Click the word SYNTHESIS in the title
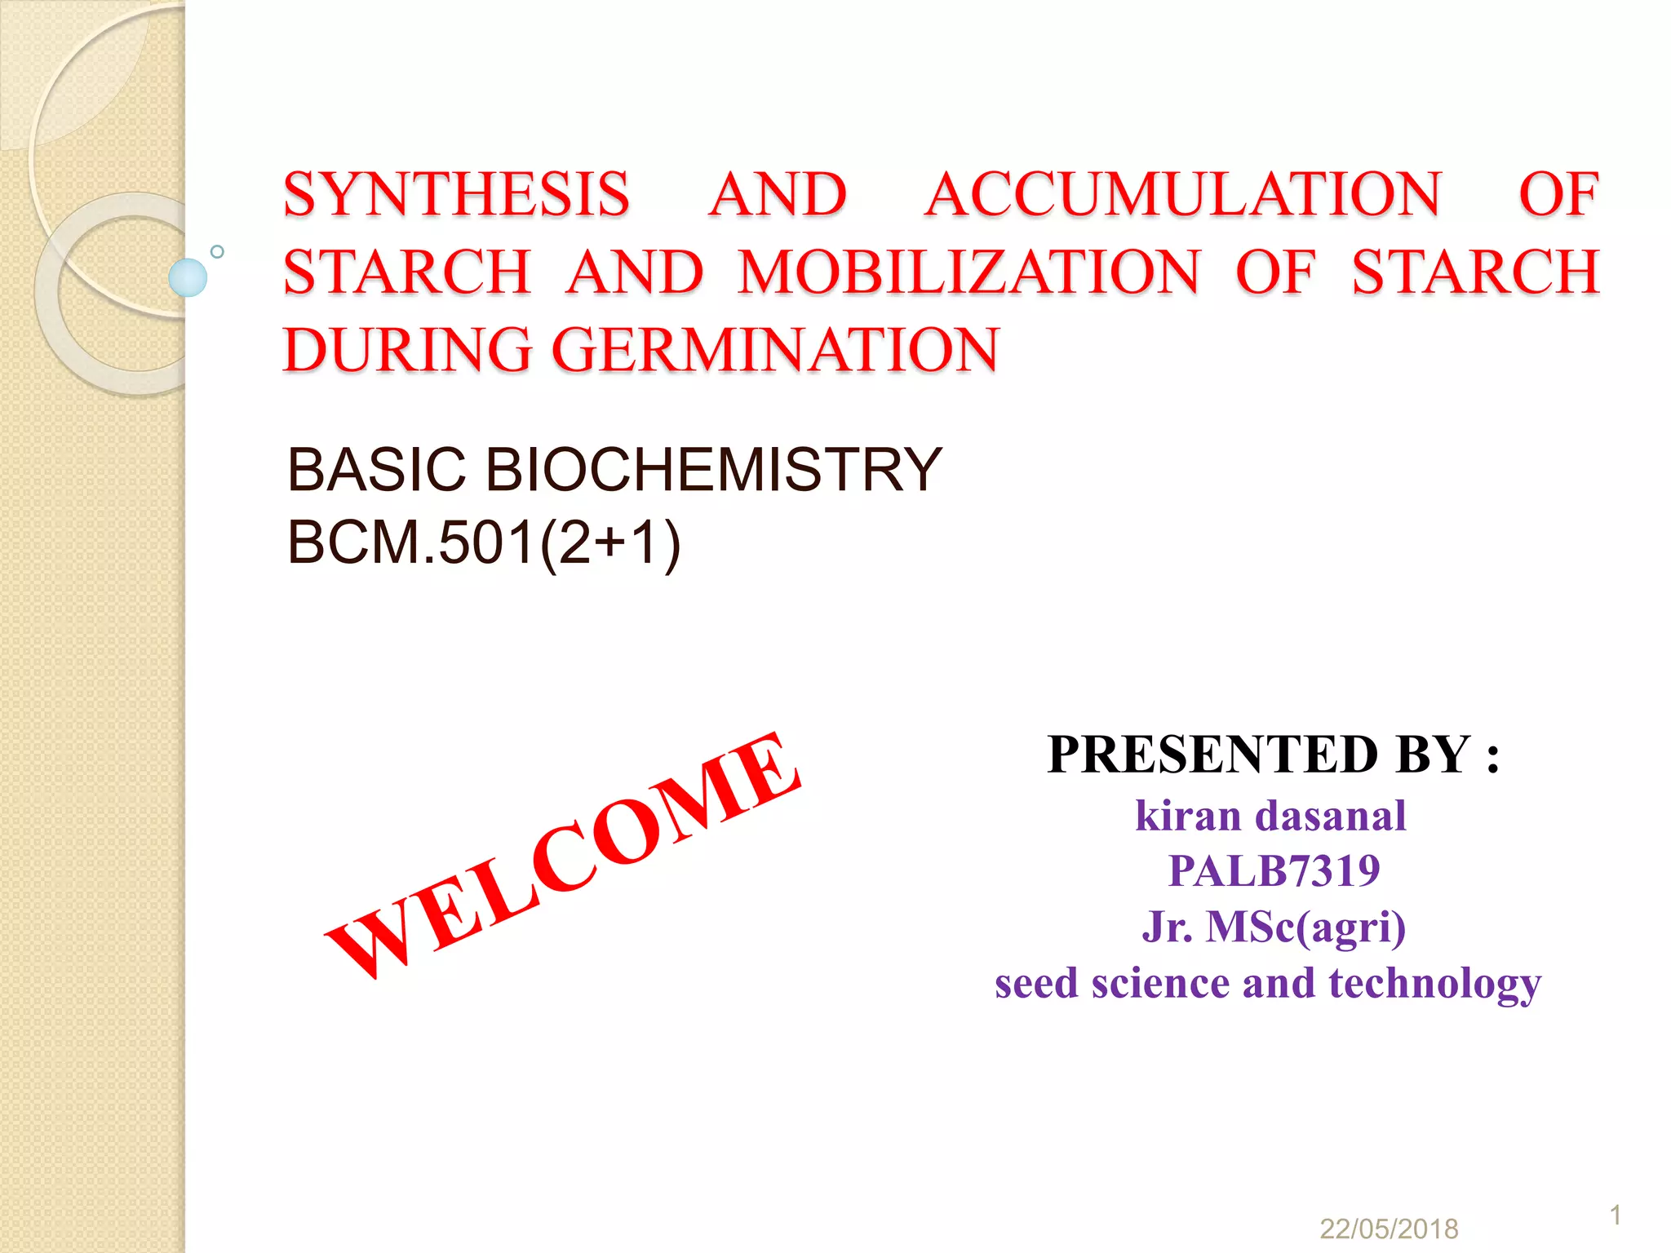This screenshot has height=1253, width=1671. pos(456,195)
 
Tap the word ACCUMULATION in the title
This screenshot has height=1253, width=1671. pos(1182,195)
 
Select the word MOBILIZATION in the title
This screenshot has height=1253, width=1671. pos(968,272)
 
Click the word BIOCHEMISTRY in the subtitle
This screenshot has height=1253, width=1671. pos(714,470)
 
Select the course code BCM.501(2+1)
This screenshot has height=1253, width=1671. pos(484,542)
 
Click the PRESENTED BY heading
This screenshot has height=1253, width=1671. pos(1273,754)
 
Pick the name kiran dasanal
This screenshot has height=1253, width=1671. pos(1270,816)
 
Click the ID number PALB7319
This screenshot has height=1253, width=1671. pos(1274,870)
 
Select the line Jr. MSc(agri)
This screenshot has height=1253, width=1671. pos(1274,927)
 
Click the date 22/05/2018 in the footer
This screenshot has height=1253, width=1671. pos(1389,1229)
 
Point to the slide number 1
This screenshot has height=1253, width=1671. pos(1616,1215)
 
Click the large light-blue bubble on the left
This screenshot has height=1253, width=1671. pos(188,277)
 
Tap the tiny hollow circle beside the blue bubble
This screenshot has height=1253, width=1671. pos(217,251)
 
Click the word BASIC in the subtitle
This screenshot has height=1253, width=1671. pos(376,470)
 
